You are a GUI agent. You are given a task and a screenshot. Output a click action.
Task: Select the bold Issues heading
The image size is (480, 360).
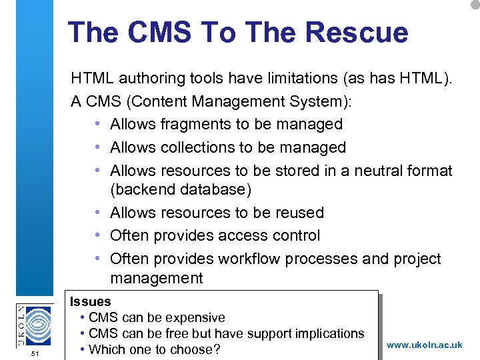pos(91,302)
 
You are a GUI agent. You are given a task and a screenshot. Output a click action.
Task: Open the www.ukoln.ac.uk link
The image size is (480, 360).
pos(424,345)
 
